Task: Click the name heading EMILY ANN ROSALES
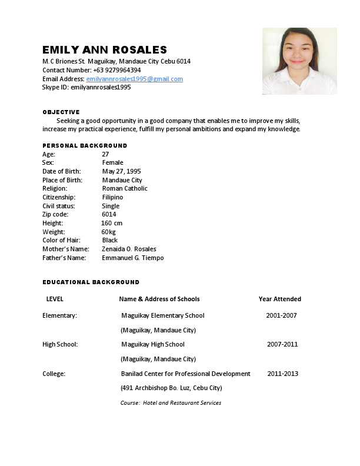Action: [105, 50]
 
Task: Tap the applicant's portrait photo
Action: [299, 61]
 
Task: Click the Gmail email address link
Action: [135, 79]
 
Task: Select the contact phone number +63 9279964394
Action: [117, 70]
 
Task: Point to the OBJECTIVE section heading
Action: [61, 112]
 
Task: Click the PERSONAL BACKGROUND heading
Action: [85, 145]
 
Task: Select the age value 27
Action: [105, 154]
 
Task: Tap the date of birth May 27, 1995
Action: [121, 171]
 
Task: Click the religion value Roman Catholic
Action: [125, 188]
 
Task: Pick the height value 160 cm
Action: [112, 223]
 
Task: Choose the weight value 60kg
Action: [109, 232]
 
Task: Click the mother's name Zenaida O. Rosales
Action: [129, 249]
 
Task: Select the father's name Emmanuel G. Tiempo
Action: [133, 258]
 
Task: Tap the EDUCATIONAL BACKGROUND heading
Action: [91, 282]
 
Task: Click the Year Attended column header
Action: [280, 299]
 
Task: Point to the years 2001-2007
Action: [281, 315]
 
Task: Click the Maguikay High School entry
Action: [153, 344]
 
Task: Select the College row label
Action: [54, 374]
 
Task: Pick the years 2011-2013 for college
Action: [283, 374]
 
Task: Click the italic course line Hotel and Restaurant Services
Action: [171, 403]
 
